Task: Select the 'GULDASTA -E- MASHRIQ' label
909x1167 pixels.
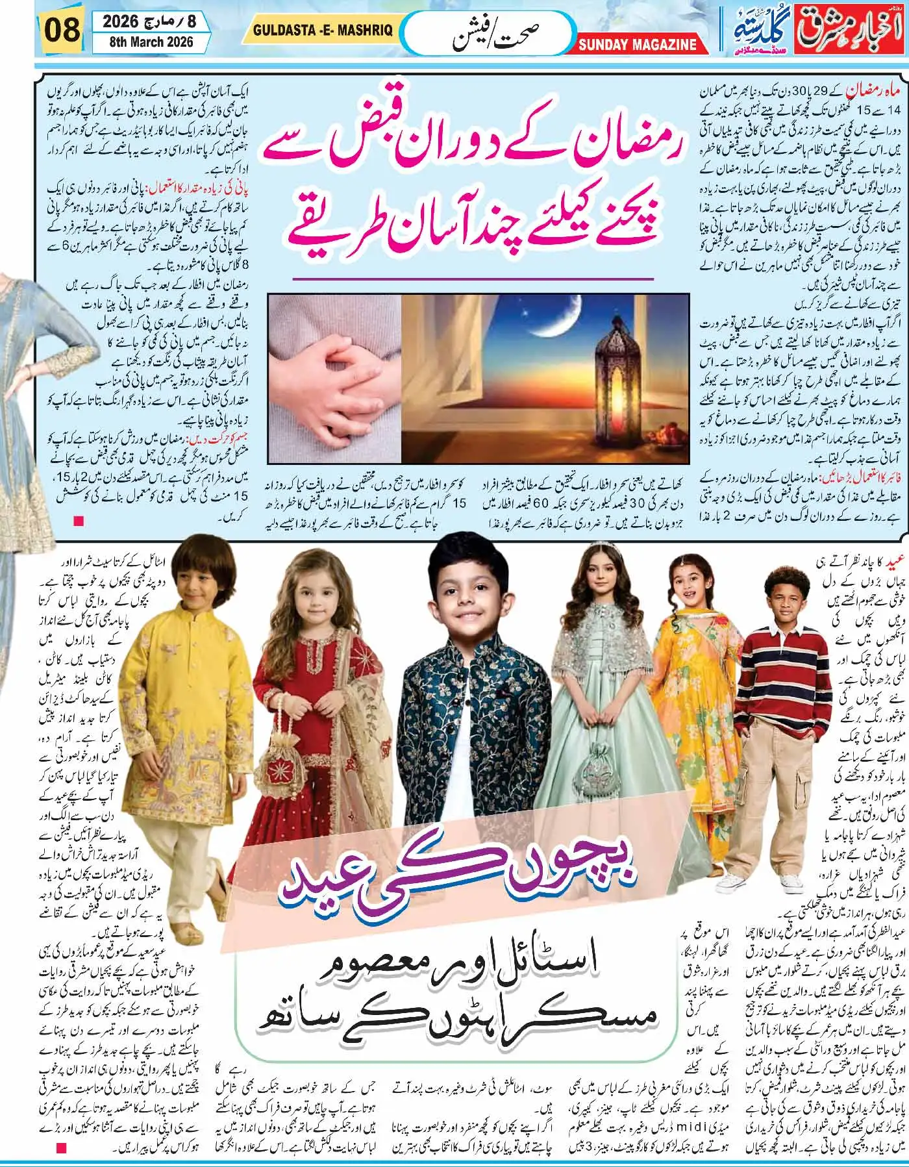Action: click(322, 31)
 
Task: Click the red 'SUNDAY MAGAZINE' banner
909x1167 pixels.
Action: click(637, 44)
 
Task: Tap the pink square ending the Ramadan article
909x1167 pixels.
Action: click(80, 520)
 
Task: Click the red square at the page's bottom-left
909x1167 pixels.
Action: click(62, 1148)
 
